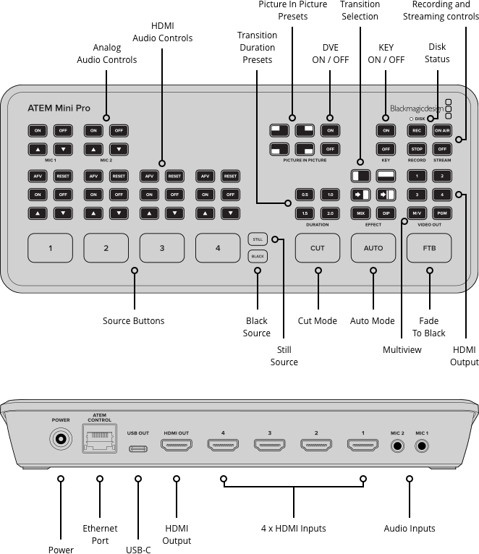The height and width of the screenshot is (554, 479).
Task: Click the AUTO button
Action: [373, 248]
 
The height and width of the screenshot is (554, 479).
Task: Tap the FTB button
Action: [429, 248]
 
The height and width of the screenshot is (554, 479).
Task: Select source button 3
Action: [161, 248]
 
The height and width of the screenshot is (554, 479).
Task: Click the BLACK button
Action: [257, 256]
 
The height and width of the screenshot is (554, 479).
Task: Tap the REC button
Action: [417, 131]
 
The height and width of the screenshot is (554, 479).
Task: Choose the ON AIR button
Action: [442, 131]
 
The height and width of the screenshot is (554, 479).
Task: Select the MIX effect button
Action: [360, 213]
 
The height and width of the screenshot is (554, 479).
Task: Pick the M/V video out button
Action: [417, 213]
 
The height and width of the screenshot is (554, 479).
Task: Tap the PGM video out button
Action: [442, 213]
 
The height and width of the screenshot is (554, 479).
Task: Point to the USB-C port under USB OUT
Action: [137, 448]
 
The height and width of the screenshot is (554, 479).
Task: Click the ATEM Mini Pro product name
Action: [59, 108]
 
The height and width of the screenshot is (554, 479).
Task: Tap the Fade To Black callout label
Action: [430, 327]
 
